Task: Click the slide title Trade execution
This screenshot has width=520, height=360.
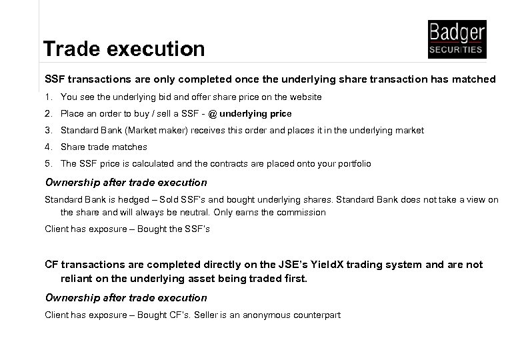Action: click(x=124, y=49)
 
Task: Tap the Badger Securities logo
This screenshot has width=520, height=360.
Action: click(x=457, y=39)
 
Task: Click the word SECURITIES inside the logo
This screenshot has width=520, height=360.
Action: click(x=457, y=50)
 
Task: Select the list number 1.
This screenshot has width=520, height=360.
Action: click(x=47, y=97)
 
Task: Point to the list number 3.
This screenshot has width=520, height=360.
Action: click(x=47, y=131)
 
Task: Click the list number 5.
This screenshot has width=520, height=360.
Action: click(x=47, y=163)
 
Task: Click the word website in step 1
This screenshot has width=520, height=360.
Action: click(x=306, y=97)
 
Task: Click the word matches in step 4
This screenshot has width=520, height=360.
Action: click(x=131, y=147)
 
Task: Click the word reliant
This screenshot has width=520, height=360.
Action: click(x=78, y=277)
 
